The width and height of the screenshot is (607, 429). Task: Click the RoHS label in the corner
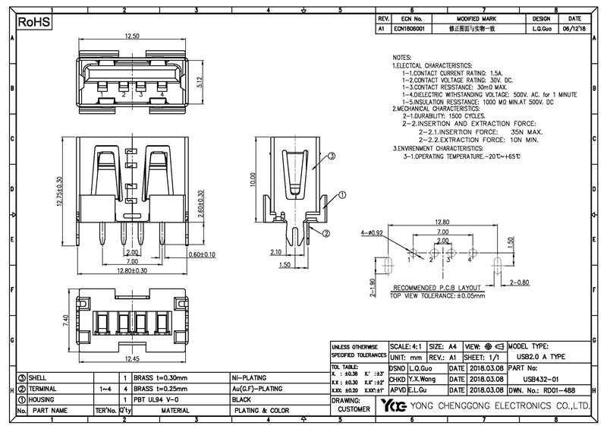coord(33,24)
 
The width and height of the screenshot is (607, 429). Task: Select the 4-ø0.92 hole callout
coord(373,232)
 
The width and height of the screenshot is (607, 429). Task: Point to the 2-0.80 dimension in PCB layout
coord(519,282)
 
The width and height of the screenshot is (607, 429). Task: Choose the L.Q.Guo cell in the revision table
coord(541,27)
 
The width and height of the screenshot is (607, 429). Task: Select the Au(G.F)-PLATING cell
coord(261,388)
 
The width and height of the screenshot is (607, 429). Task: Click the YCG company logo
coord(393,405)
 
